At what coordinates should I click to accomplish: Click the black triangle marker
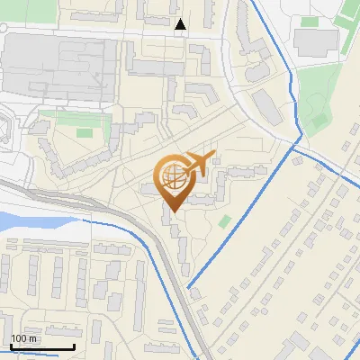click(181, 25)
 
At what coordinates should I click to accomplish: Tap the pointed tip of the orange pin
click(172, 212)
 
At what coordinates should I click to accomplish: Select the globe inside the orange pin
click(173, 176)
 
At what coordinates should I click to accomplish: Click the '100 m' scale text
click(23, 338)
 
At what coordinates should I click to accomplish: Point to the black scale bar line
click(42, 346)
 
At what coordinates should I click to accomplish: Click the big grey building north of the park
click(315, 40)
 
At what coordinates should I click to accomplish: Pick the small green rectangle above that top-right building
click(310, 21)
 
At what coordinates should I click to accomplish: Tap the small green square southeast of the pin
click(224, 220)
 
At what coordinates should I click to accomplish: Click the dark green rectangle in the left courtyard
click(84, 133)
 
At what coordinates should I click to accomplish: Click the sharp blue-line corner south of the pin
click(189, 287)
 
